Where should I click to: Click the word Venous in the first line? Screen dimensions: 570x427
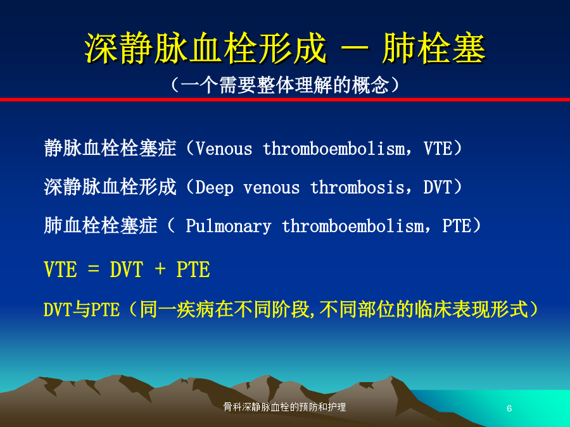224,149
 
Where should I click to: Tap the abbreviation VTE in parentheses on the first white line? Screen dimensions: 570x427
438,149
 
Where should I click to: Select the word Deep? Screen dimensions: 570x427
215,188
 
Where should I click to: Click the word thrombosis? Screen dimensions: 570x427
357,187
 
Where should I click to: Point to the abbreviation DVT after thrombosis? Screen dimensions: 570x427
437,187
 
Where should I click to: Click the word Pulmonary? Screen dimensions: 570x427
228,226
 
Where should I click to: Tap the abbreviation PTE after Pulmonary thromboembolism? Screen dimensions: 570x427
457,226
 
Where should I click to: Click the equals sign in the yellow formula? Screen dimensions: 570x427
94,269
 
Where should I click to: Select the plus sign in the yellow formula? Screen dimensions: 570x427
160,269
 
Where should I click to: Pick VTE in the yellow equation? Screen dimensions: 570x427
60,269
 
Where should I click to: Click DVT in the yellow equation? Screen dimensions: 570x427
127,269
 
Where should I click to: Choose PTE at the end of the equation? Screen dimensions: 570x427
193,269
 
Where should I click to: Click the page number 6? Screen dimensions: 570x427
509,408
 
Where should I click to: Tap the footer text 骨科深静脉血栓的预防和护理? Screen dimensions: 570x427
284,407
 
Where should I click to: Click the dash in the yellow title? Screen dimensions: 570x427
355,48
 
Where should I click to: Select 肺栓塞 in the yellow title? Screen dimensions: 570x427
434,48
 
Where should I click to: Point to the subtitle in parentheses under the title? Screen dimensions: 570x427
285,85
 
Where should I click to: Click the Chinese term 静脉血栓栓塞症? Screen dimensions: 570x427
110,148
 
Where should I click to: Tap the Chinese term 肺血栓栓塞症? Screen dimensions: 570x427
101,225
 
